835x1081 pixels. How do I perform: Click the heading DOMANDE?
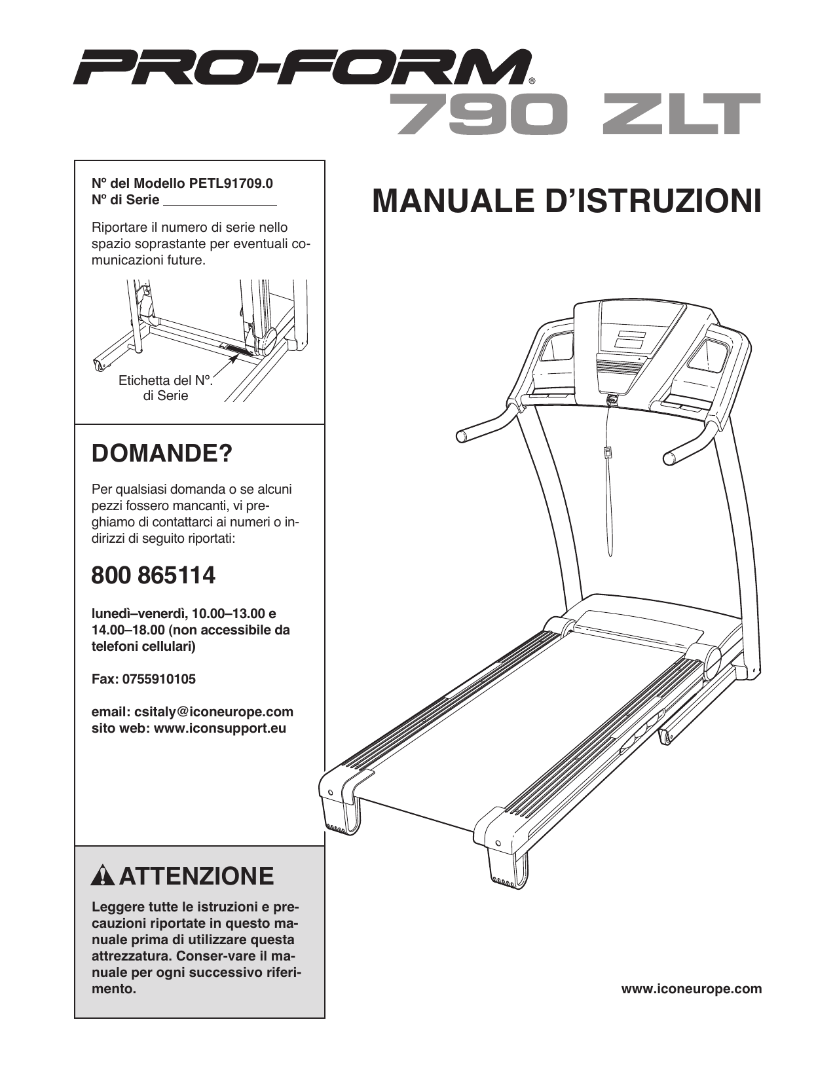162,453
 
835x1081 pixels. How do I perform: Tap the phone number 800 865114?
153,576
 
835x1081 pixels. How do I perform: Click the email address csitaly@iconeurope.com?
213,712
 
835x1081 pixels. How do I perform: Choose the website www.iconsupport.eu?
219,728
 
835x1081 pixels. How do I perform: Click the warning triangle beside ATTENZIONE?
103,876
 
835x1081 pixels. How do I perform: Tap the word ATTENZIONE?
196,876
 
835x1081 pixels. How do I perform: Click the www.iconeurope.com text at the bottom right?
691,989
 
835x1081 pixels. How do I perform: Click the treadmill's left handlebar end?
462,436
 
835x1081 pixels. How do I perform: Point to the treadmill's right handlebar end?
671,458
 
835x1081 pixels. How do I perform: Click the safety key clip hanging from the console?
608,452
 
